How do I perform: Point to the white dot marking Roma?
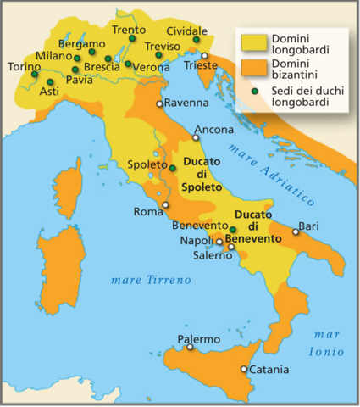coord(166,204)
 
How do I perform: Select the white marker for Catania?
coord(244,369)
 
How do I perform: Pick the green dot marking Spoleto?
coord(172,168)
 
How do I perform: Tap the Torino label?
coord(23,66)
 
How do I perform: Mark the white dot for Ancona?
coord(197,141)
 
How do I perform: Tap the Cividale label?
coord(186,29)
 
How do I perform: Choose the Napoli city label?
coord(197,241)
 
